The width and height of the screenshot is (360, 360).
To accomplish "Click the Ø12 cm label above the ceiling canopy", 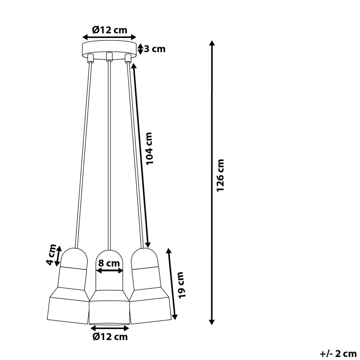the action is pyautogui.click(x=110, y=30).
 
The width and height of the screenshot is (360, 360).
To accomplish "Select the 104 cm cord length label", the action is pyautogui.click(x=149, y=148).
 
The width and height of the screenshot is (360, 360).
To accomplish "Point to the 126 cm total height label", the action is pyautogui.click(x=220, y=175).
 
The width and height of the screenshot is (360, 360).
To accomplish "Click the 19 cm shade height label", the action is pyautogui.click(x=181, y=288).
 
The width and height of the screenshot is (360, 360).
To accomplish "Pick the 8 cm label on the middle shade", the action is pyautogui.click(x=109, y=263).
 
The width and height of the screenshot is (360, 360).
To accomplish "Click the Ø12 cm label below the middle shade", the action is pyautogui.click(x=110, y=337).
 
